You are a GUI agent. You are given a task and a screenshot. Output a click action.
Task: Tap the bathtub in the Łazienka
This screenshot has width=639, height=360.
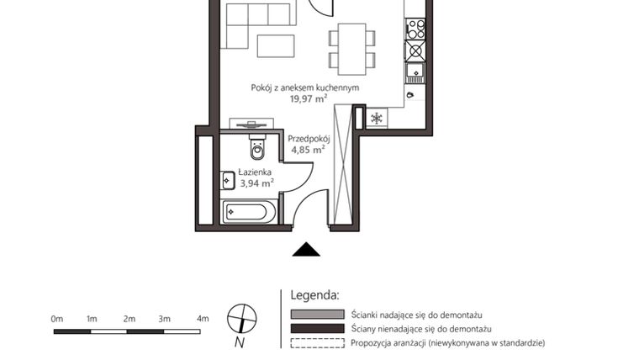[249, 211]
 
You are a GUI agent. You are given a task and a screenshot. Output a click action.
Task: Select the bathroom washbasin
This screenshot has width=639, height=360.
[228, 180]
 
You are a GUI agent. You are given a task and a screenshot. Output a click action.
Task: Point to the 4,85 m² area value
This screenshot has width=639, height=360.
[307, 150]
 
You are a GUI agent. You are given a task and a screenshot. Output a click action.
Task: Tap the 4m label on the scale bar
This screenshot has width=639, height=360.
[203, 319]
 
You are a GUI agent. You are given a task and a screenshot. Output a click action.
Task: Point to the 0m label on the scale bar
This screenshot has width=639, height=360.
[57, 319]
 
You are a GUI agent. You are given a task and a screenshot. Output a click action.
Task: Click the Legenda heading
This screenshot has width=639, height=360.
[314, 295]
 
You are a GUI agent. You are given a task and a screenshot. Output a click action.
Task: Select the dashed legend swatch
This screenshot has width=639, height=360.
[317, 343]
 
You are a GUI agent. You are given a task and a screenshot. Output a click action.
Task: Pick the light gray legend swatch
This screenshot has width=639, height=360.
[317, 314]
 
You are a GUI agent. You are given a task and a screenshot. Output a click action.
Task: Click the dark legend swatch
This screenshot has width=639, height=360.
[317, 328]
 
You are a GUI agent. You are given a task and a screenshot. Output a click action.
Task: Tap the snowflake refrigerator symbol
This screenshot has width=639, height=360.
[378, 119]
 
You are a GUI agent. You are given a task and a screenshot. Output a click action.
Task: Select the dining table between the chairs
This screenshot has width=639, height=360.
[348, 46]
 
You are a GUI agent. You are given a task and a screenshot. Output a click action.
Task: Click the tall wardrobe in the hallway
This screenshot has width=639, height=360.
[343, 164]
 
